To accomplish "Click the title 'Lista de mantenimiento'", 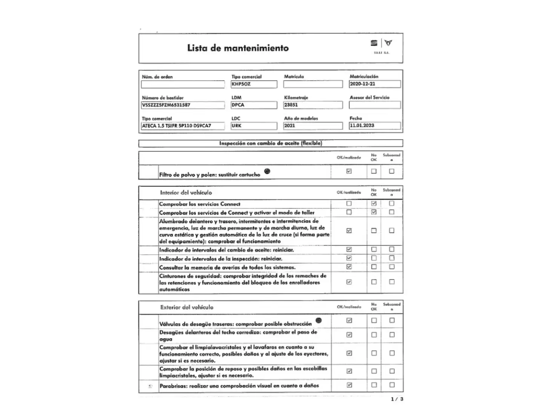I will tap(238, 48).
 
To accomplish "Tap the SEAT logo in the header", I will tap(374, 43).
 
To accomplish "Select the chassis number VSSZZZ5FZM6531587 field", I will tap(183, 105).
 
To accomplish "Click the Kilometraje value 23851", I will tap(313, 105).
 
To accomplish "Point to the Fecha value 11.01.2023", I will tap(374, 125).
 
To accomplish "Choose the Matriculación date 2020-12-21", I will tap(374, 84).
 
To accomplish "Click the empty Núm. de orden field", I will tap(183, 84).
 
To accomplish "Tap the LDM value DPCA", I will tap(254, 105).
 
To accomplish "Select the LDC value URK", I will tap(254, 126).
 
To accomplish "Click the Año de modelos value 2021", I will tap(313, 126).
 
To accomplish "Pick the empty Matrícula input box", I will tap(313, 84).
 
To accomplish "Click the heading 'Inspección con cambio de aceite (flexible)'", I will tap(270, 143).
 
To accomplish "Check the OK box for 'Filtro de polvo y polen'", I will tap(349, 171).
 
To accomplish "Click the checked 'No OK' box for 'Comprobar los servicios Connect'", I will tap(374, 203).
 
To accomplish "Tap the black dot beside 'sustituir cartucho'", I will tap(267, 171).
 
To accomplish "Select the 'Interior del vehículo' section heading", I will tap(186, 193).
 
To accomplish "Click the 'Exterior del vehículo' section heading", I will tap(187, 307).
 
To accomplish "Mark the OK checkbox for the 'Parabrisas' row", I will tap(349, 385).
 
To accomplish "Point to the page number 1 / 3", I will tap(397, 399).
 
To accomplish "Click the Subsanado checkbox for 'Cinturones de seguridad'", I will tap(392, 282).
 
